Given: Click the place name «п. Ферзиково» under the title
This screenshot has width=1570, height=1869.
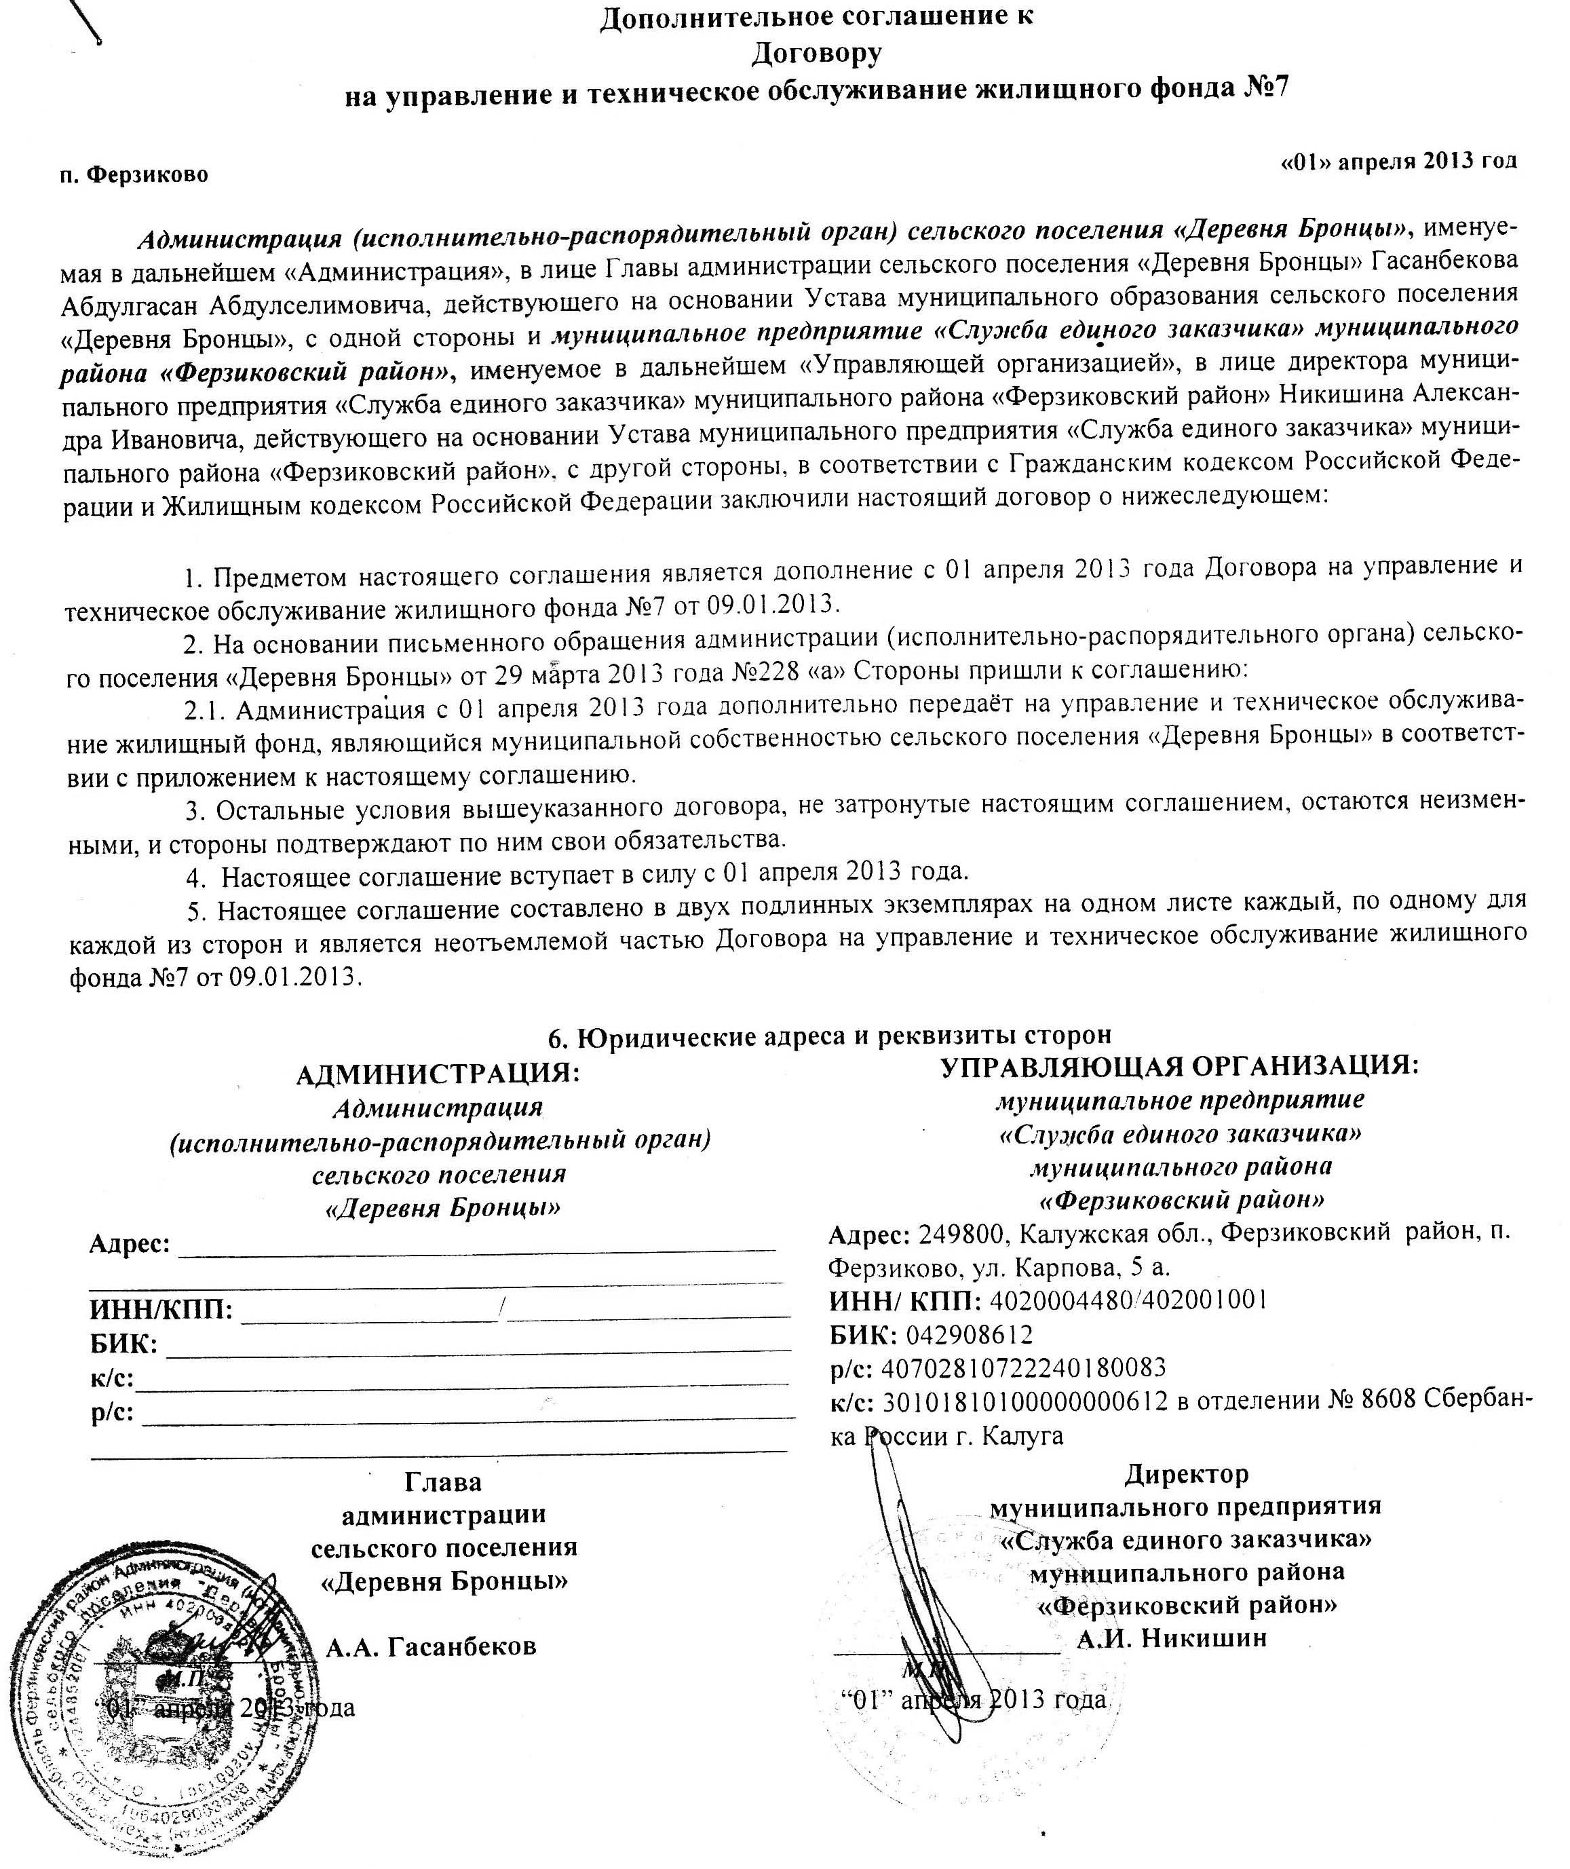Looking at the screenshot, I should pos(134,174).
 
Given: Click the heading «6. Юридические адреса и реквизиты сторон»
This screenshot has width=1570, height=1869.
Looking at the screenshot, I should pos(828,1035).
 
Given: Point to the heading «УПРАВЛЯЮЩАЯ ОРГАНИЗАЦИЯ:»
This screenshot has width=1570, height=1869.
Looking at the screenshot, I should pos(1179,1065).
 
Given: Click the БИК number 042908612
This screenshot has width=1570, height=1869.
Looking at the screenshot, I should pos(970,1334).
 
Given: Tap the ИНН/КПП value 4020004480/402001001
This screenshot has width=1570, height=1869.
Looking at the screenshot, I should pos(1128,1300).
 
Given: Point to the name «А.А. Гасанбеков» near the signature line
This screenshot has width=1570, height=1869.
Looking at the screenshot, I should pos(431,1646).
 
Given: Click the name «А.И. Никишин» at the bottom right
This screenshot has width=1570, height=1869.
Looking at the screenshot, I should pos(1171,1638).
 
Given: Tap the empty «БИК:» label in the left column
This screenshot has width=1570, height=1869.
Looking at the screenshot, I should pos(123,1344).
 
